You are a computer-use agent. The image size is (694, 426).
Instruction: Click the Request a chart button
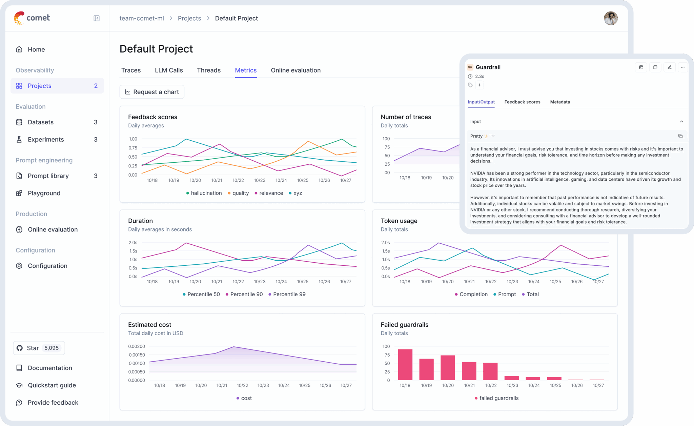point(152,92)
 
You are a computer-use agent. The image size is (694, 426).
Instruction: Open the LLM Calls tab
point(169,70)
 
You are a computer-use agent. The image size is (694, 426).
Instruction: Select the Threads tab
point(209,70)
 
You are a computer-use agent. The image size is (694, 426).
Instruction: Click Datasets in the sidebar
point(41,122)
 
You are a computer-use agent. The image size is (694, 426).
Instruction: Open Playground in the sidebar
point(44,193)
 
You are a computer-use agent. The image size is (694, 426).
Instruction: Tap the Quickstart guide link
point(52,385)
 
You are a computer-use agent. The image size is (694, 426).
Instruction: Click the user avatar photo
point(611,18)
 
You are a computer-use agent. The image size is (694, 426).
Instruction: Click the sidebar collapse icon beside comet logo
point(97,18)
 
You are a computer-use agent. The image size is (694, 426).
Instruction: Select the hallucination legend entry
point(204,193)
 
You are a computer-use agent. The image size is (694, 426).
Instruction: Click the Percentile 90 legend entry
point(244,294)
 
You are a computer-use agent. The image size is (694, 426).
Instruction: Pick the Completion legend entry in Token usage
point(471,294)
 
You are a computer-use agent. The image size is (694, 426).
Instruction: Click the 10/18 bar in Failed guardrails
point(405,364)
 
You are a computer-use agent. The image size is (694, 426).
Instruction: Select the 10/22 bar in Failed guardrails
point(490,371)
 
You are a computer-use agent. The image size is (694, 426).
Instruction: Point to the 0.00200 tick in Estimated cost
point(137,346)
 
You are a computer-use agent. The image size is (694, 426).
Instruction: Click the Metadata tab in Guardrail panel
point(560,102)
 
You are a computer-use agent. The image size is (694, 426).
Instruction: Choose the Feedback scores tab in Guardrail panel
point(522,102)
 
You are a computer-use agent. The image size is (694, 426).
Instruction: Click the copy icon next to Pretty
point(680,136)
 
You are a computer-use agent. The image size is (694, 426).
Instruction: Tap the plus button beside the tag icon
point(479,85)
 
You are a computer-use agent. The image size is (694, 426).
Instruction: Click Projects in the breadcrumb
point(189,18)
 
